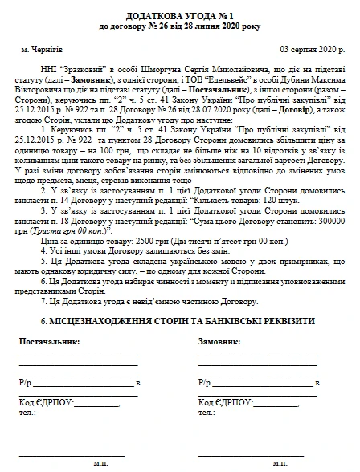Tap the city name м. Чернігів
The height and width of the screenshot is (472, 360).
pos(48,49)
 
